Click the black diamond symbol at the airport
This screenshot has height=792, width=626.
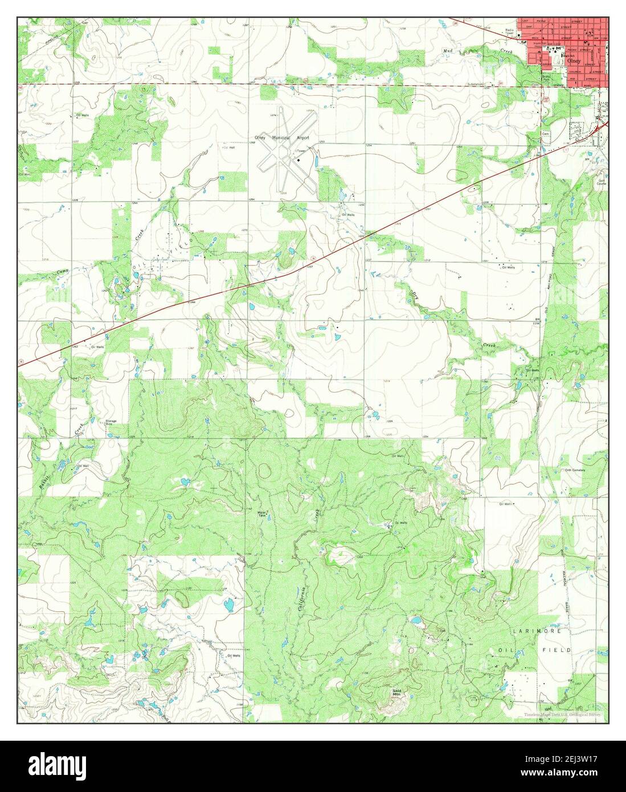(298, 161)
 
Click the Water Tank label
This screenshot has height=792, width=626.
(262, 513)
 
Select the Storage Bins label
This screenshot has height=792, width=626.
(111, 423)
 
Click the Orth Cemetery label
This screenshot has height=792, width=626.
(575, 470)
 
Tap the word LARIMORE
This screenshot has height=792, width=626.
(537, 632)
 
